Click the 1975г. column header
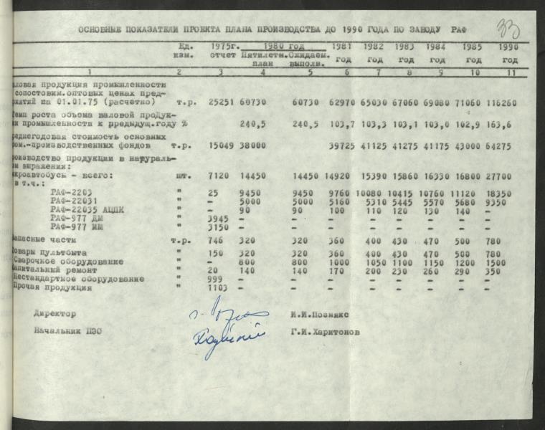(x=224, y=46)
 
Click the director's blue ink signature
(x=228, y=313)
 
